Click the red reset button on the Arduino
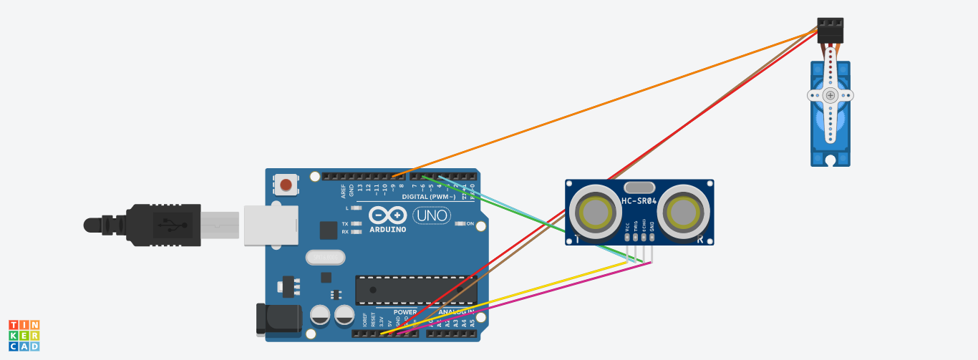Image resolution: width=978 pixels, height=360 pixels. click(x=286, y=185)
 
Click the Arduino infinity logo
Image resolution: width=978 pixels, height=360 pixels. click(x=387, y=215)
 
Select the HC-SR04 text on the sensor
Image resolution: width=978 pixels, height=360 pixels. click(x=639, y=200)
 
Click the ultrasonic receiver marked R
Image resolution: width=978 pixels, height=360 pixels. click(x=684, y=211)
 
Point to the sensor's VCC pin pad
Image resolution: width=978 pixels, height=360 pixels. click(x=626, y=235)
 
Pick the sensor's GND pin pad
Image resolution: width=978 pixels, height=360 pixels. click(x=652, y=235)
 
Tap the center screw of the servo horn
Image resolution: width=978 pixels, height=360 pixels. click(x=830, y=95)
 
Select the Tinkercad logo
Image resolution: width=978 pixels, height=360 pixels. click(x=24, y=336)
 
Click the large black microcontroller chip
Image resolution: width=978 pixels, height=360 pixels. click(x=415, y=290)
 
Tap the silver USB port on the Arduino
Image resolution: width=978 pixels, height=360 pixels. click(x=270, y=225)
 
